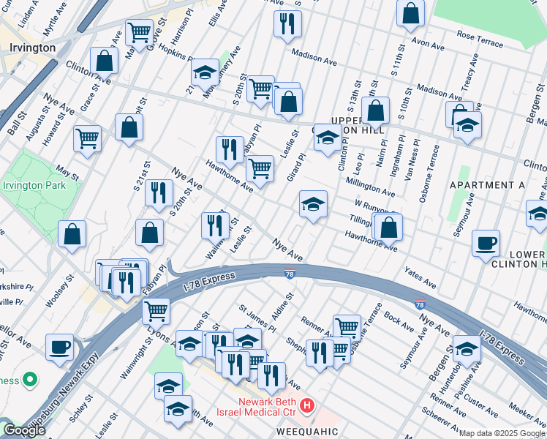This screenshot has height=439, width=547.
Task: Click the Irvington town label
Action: pos(33,48)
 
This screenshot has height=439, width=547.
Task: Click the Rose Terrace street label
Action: pos(480,39)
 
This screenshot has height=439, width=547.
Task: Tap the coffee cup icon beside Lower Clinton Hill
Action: pos(486,244)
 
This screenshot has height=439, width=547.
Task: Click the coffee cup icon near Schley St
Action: pos(59,347)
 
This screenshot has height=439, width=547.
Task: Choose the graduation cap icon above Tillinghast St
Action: pos(313,204)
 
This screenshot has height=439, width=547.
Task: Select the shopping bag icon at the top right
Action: pos(411,12)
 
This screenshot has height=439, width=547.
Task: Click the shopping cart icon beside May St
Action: pos(88,138)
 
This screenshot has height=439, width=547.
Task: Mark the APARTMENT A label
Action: pos(487,185)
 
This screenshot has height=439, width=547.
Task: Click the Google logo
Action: pos(24,430)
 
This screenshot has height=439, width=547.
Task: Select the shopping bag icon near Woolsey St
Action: pos(73,235)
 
